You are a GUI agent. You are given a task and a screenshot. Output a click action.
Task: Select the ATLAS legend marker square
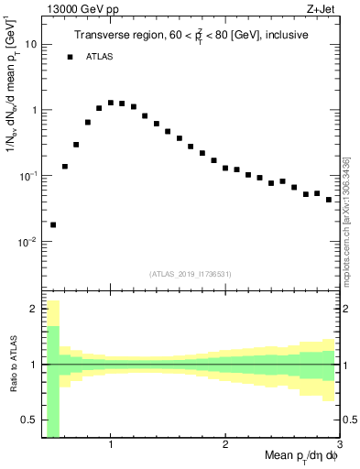coord(70,57)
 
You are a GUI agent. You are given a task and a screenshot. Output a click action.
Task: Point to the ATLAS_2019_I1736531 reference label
coord(190,274)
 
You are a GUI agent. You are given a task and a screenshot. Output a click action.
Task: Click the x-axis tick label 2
coord(225,445)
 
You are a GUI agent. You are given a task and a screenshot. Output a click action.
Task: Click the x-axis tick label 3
coord(338,445)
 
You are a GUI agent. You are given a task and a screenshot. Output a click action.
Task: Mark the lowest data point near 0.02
coord(53,224)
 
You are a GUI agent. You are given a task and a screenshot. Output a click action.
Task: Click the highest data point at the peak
coord(111,103)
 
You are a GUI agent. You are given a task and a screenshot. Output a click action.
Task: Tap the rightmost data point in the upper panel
coord(329,200)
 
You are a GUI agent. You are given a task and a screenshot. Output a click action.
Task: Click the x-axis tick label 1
coord(111,445)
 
